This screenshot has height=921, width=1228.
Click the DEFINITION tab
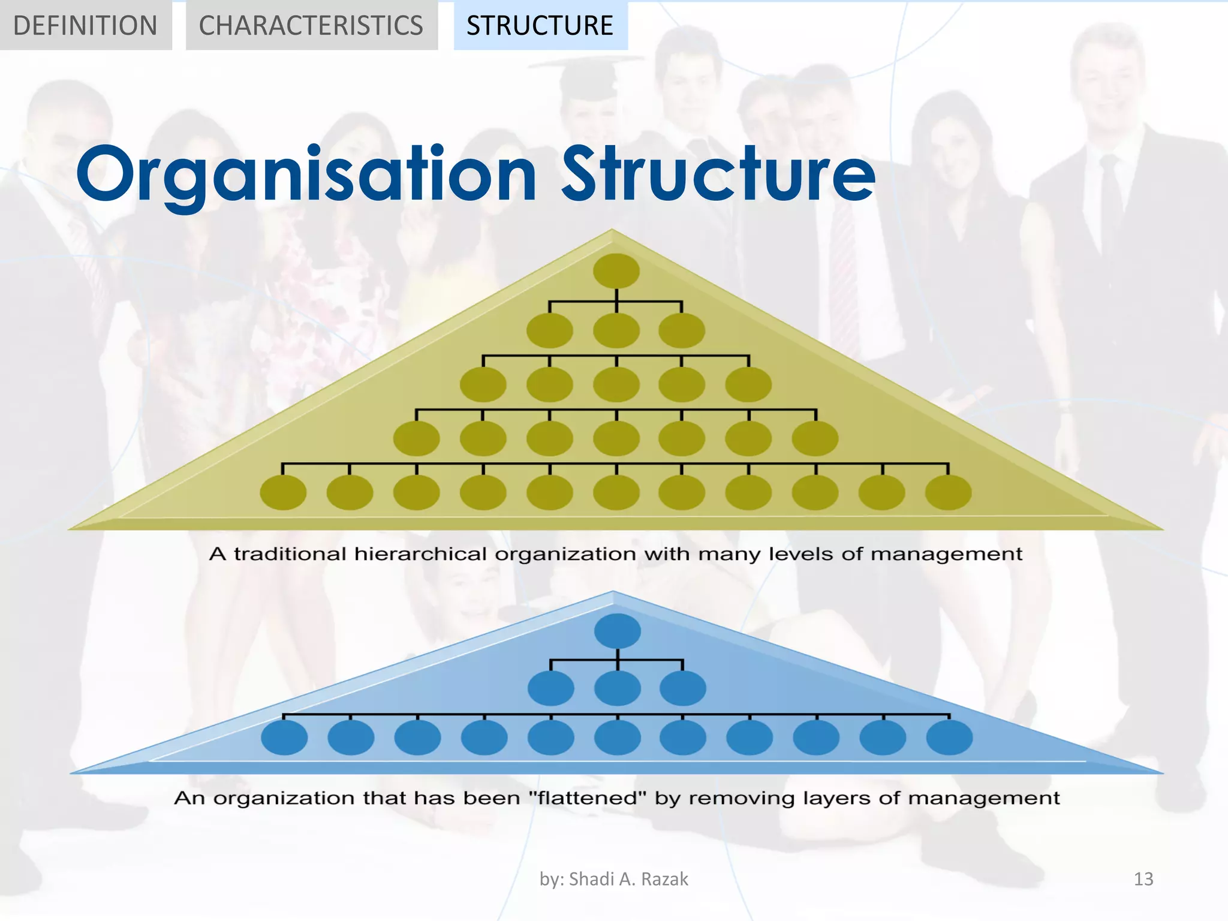(x=85, y=25)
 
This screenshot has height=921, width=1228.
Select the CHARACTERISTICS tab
(x=311, y=25)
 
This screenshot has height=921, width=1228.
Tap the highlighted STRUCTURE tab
(x=540, y=25)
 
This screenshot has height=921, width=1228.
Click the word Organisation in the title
(x=306, y=175)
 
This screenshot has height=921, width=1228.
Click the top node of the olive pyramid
(x=616, y=270)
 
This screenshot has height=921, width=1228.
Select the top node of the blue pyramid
(x=618, y=631)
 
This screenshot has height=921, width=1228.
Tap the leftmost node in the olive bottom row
(x=283, y=492)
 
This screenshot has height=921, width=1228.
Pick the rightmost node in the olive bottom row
(x=949, y=492)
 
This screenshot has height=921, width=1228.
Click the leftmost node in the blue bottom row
(x=284, y=737)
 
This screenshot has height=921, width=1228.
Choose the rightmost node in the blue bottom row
(x=950, y=737)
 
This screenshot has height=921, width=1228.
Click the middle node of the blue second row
(x=618, y=688)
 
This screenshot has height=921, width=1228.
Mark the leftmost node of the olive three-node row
(x=550, y=330)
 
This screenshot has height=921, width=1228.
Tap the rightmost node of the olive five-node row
(x=748, y=384)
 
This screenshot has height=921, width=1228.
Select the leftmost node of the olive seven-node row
(x=416, y=438)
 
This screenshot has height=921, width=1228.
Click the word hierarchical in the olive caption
(x=420, y=554)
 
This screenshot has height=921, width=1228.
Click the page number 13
(x=1143, y=879)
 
